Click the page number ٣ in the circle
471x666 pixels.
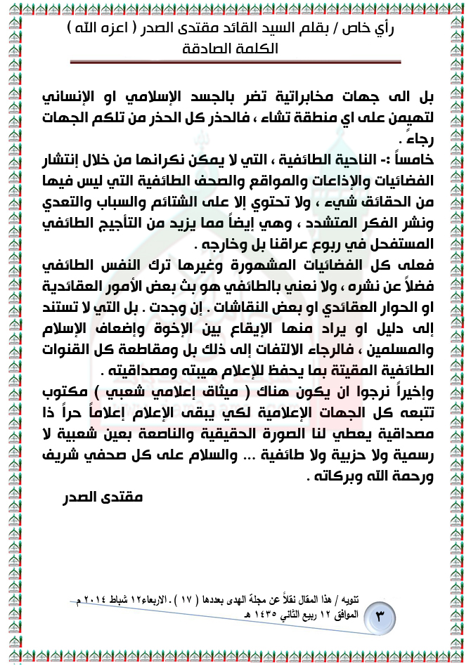coord(380,619)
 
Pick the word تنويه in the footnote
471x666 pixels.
coord(369,601)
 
